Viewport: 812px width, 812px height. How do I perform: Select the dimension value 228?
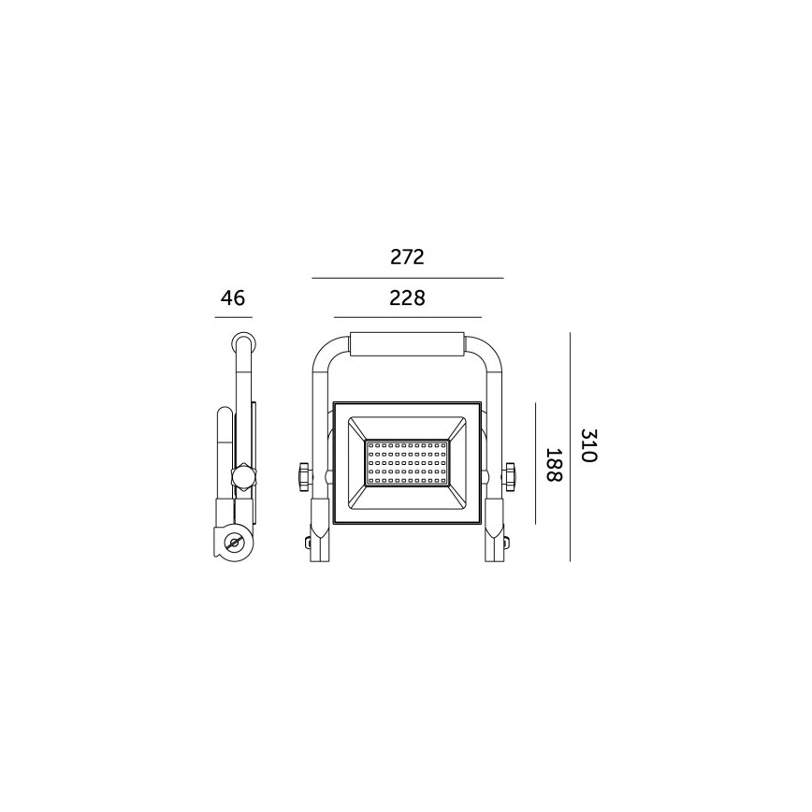pos(407,298)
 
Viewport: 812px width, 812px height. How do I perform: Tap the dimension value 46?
pos(233,298)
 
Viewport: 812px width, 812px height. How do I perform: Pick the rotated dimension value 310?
pos(588,446)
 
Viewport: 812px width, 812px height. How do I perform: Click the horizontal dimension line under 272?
pos(407,278)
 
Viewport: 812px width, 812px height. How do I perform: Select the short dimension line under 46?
pos(233,318)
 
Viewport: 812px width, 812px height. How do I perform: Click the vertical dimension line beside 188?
pos(535,464)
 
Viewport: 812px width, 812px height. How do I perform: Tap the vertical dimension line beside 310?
pos(570,446)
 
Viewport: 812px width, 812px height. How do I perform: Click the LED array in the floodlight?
pos(407,461)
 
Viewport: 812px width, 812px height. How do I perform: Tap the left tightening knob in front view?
pos(303,476)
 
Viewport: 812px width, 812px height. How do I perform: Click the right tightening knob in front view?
pos(511,476)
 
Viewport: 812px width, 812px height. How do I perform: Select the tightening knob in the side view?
pos(243,477)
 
